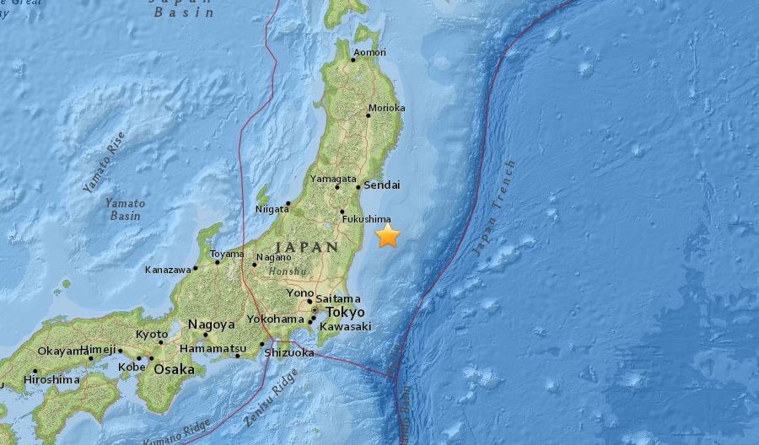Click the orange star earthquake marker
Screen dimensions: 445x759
pyautogui.click(x=387, y=235)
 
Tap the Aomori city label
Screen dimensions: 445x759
pyautogui.click(x=369, y=53)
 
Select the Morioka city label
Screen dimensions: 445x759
pyautogui.click(x=387, y=108)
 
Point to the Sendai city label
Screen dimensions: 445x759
pyautogui.click(x=382, y=185)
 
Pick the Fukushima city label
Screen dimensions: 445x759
pyautogui.click(x=365, y=219)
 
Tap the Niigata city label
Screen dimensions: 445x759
pyautogui.click(x=272, y=209)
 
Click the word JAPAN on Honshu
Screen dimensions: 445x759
pyautogui.click(x=307, y=247)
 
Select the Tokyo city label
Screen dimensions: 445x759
pyautogui.click(x=344, y=312)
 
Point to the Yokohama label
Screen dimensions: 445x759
pyautogui.click(x=275, y=319)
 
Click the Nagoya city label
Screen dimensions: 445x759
pyautogui.click(x=212, y=324)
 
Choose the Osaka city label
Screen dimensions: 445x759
pyautogui.click(x=174, y=369)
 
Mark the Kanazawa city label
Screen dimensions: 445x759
pyautogui.click(x=168, y=271)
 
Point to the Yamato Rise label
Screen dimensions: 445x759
pyautogui.click(x=104, y=163)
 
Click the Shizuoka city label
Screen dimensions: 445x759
pyautogui.click(x=289, y=353)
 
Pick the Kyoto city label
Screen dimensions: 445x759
pyautogui.click(x=152, y=334)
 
